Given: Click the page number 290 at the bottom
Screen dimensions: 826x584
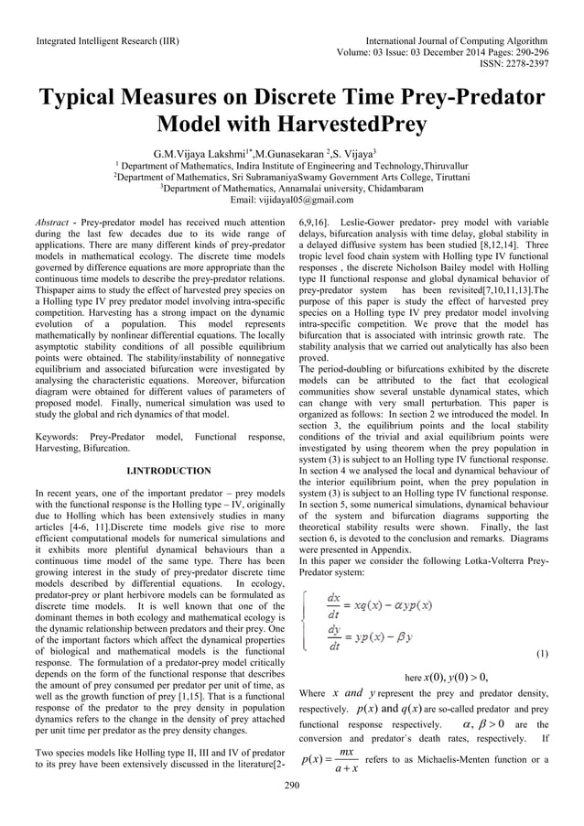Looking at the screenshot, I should click(x=292, y=785).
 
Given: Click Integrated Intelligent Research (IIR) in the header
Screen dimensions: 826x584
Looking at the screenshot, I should click(x=106, y=40).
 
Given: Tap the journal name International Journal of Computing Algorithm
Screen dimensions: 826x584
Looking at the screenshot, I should click(x=457, y=40).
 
